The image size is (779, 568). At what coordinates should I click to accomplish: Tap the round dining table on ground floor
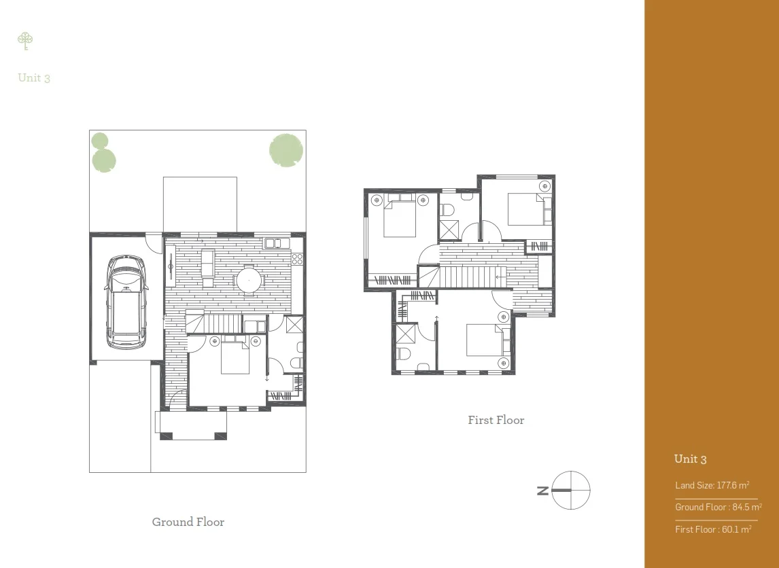point(248,279)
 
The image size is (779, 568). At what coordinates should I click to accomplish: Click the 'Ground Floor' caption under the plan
point(188,522)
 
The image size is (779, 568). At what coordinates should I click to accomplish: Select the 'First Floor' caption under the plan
point(496,420)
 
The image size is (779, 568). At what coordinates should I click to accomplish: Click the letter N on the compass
point(542,490)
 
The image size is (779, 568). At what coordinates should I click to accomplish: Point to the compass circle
point(571,490)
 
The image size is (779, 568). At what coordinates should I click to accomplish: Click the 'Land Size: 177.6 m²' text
point(712,485)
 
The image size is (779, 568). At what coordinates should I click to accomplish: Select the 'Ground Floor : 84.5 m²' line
point(718,507)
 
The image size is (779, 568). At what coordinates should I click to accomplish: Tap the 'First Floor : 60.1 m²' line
point(712,529)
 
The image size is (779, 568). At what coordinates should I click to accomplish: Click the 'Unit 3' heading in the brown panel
point(690,459)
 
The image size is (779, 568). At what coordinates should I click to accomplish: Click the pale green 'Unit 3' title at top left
point(34,77)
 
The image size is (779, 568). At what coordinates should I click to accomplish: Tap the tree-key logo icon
point(25,41)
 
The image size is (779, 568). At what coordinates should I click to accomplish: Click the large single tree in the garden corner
point(285,149)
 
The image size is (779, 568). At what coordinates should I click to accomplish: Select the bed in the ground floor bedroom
point(235,357)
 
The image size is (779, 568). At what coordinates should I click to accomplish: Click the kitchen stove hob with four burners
point(297,258)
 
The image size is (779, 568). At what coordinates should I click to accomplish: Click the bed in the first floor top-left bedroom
point(400,217)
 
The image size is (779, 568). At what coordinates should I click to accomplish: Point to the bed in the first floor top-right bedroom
point(526,209)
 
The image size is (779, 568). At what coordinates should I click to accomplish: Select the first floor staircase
point(469,277)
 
